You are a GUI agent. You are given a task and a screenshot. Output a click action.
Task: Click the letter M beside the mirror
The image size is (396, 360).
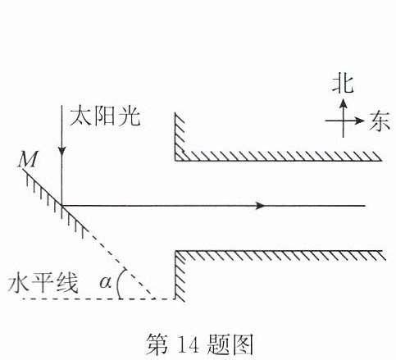(x=28, y=159)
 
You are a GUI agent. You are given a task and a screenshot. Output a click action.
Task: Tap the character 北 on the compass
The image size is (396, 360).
(x=343, y=83)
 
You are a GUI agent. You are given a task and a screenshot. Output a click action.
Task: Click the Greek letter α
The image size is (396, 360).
(x=105, y=281)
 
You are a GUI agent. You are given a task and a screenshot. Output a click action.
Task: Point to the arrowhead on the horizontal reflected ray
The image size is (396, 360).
(x=260, y=205)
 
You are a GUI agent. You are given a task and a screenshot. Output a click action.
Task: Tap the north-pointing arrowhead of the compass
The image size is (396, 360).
(x=344, y=104)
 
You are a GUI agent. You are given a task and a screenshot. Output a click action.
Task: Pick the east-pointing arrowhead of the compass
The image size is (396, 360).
(x=359, y=121)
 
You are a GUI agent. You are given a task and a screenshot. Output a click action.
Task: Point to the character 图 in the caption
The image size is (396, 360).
(x=242, y=344)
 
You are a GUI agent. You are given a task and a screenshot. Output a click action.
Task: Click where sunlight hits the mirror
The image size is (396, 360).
(x=62, y=205)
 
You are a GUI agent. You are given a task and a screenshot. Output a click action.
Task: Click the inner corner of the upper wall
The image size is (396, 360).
(x=175, y=160)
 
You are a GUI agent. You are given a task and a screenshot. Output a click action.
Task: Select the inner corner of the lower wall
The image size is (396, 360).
(x=175, y=251)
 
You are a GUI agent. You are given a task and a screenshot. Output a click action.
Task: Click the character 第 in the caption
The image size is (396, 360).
(x=157, y=344)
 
